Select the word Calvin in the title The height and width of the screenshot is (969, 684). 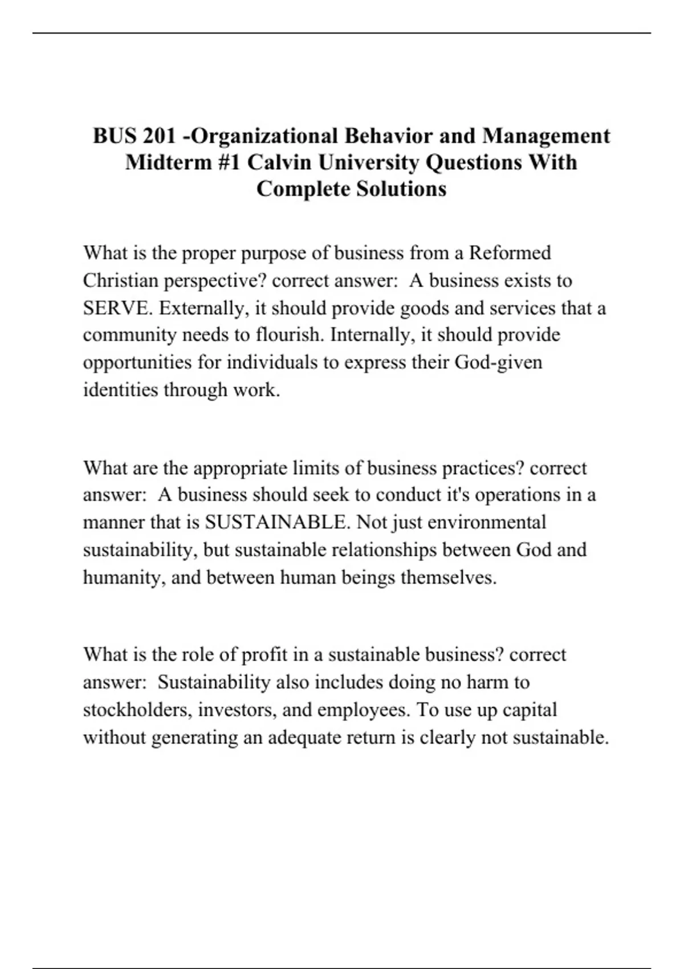tap(279, 162)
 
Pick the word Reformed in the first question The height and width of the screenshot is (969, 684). tap(510, 253)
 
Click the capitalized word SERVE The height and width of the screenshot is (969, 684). tap(117, 308)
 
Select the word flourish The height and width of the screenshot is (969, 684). tap(290, 335)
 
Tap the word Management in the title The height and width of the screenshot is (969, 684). tap(546, 136)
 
